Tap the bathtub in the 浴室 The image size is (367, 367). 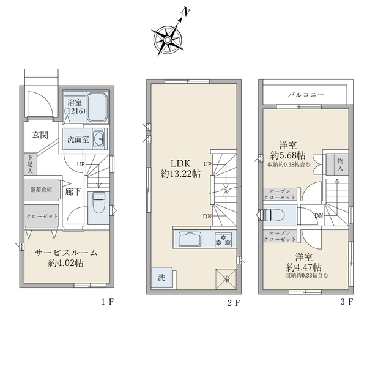[x=97, y=108]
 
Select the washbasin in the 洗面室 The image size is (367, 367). [x=100, y=139]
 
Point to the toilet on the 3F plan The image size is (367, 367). [x=274, y=215]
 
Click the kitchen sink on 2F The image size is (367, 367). [x=190, y=239]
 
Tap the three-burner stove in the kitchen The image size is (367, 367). [x=223, y=240]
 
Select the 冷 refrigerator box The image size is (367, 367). [x=226, y=279]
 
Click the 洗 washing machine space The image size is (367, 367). [x=162, y=278]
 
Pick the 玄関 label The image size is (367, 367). [x=40, y=135]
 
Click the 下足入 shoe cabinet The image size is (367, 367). [x=30, y=164]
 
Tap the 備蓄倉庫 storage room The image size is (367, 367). [x=42, y=190]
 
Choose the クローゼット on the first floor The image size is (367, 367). [x=42, y=216]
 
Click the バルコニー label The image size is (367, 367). [x=306, y=95]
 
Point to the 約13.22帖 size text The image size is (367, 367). [x=180, y=174]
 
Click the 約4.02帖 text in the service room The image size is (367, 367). [x=66, y=263]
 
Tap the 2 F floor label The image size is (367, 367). [x=234, y=303]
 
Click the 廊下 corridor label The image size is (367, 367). [x=73, y=192]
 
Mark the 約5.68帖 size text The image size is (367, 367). [x=288, y=155]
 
